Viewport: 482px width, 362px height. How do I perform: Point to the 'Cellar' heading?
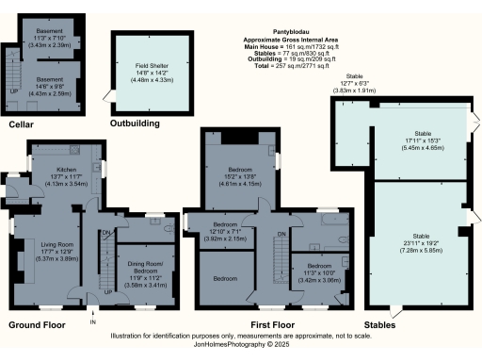23,124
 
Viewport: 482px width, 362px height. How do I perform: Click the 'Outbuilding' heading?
133,123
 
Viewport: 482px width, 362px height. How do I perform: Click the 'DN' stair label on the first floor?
281,234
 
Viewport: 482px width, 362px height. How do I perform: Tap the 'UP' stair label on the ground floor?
108,292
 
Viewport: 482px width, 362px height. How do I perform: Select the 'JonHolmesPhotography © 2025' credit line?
240,345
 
